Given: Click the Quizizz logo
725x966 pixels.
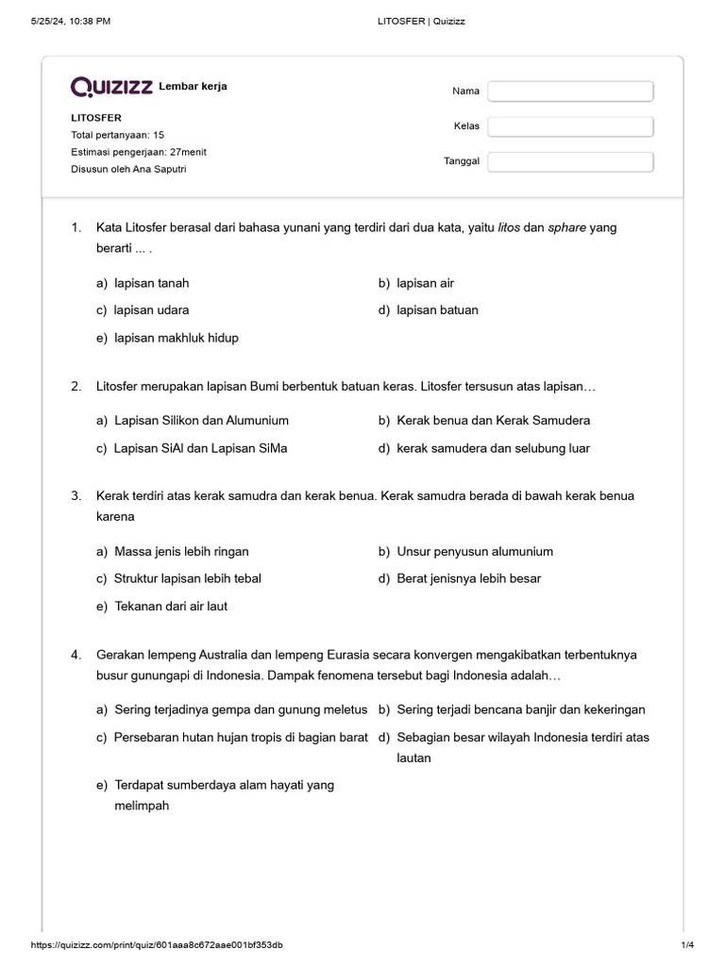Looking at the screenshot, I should coord(111,87).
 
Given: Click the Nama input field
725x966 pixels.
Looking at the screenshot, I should coord(570,92).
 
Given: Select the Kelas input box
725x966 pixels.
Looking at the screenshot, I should coord(570,126).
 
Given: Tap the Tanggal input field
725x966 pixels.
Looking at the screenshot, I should coord(570,161).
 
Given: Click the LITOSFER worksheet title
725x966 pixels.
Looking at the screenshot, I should coord(96,118).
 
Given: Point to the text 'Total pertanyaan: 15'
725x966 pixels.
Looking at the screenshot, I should coord(118,135).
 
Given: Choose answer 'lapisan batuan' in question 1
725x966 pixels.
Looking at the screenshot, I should coord(437,310).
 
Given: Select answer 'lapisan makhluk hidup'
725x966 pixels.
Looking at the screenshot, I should coord(176,338).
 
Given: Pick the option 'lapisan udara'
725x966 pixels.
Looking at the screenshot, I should coord(158,310).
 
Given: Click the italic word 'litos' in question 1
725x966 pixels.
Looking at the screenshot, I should coord(510,227).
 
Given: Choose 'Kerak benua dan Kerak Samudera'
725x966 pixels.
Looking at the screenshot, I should coord(494,421).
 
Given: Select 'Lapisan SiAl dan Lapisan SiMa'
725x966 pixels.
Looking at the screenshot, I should coord(200,448).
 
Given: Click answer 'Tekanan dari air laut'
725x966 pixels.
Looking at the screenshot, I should coord(171,607).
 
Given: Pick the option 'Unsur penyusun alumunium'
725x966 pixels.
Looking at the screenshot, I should coord(475,551).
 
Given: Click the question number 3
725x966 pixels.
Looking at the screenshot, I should coord(76,495).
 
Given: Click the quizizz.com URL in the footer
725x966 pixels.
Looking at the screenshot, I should coord(157,945).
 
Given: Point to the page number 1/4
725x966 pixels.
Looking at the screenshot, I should coord(687,945).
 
